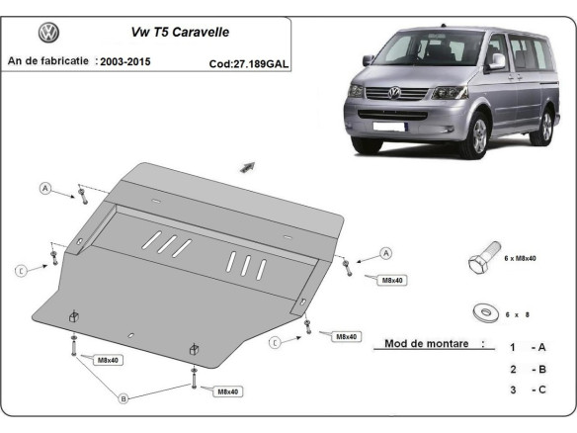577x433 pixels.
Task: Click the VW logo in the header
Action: pyautogui.click(x=48, y=35)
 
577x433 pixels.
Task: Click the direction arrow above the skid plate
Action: pyautogui.click(x=247, y=167)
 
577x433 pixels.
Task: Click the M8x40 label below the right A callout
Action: pyautogui.click(x=391, y=280)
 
